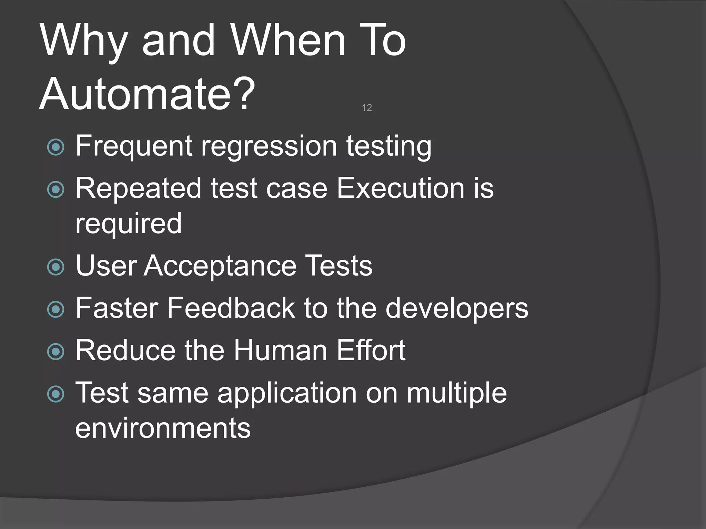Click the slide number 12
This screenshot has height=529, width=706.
367,108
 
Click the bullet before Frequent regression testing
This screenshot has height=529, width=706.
56,147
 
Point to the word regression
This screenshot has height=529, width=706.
269,146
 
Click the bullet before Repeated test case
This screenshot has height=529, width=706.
56,189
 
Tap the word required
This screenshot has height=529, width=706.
128,224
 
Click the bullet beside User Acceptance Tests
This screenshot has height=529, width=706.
56,267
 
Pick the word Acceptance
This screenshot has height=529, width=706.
220,266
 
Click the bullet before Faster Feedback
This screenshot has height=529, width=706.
56,309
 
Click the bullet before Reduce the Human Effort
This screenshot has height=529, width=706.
56,352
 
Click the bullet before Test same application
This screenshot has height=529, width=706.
56,394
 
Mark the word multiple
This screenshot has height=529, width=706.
457,393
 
